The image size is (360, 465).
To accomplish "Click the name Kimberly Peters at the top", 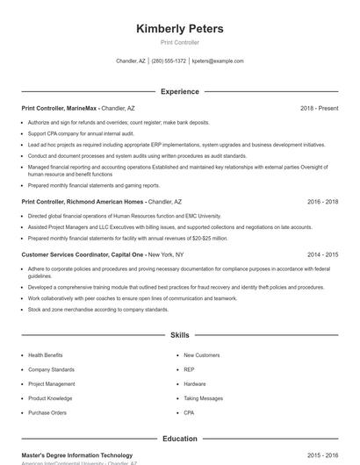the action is pyautogui.click(x=180, y=29).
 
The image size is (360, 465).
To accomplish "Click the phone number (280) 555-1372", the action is pyautogui.click(x=169, y=61).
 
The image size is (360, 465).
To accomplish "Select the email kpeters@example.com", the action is pyautogui.click(x=218, y=61).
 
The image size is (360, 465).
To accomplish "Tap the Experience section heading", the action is pyautogui.click(x=180, y=91).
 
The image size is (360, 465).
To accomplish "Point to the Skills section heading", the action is pyautogui.click(x=180, y=335).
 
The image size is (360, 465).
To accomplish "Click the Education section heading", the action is pyautogui.click(x=180, y=438).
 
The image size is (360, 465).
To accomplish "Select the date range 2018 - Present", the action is pyautogui.click(x=319, y=108).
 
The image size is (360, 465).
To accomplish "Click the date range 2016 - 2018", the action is pyautogui.click(x=322, y=201).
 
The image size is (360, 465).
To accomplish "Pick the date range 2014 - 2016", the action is pyautogui.click(x=322, y=254).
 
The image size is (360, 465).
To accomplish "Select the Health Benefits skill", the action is pyautogui.click(x=46, y=355).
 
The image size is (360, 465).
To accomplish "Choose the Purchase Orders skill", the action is pyautogui.click(x=47, y=412).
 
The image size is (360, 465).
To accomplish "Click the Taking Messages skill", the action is pyautogui.click(x=204, y=398).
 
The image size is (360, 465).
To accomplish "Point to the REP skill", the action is pyautogui.click(x=189, y=369).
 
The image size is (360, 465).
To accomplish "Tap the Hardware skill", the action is pyautogui.click(x=195, y=383).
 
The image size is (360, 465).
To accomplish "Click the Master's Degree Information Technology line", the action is pyautogui.click(x=77, y=455).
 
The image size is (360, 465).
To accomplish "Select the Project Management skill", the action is pyautogui.click(x=52, y=383).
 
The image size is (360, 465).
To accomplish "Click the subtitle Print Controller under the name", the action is pyautogui.click(x=180, y=42).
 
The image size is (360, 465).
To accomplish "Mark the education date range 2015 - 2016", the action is pyautogui.click(x=322, y=455).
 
